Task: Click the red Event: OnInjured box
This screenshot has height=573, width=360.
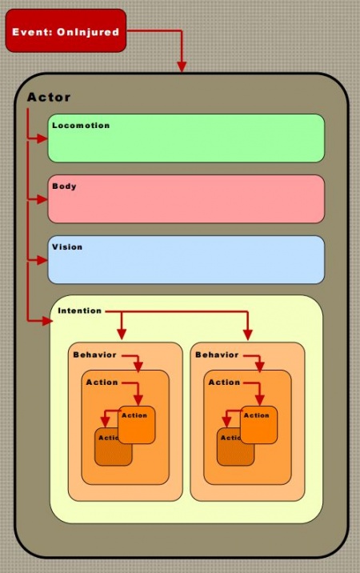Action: pos(66,31)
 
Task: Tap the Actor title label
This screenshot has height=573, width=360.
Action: pos(49,98)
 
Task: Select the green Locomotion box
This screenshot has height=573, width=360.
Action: pos(186,138)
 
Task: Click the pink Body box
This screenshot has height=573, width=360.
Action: pos(186,199)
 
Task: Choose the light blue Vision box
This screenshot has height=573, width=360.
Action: pos(186,260)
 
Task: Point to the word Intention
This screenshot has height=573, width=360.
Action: pos(80,311)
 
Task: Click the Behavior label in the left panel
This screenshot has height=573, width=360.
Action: pos(94,355)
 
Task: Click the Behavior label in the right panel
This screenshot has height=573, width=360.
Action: pos(217,355)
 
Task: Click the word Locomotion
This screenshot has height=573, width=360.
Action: pos(81,126)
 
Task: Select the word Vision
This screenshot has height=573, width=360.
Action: pos(67,247)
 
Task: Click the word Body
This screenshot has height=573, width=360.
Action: pos(64,186)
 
